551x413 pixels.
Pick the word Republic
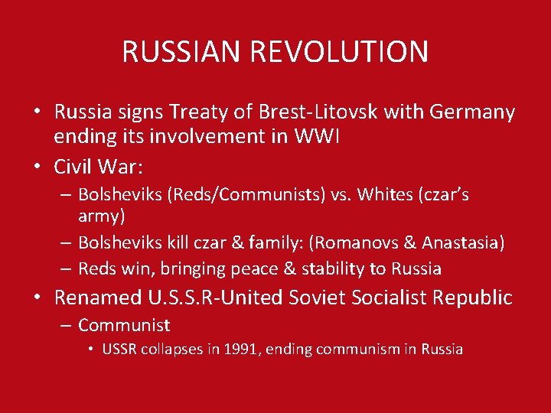[x=474, y=298]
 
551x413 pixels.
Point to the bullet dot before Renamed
[x=37, y=298]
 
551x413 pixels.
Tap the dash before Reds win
[x=65, y=268]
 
